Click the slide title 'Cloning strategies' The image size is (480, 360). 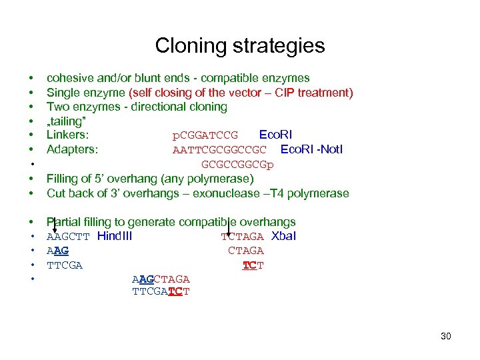(x=240, y=45)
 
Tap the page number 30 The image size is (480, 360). (x=446, y=336)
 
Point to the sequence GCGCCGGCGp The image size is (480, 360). (x=237, y=165)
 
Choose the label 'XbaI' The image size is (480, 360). (x=284, y=236)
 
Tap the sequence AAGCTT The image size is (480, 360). (x=68, y=237)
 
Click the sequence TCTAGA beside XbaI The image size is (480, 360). (x=243, y=237)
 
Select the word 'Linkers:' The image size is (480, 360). (x=67, y=135)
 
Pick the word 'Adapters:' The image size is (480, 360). (x=72, y=149)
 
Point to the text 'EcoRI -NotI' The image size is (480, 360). (x=311, y=149)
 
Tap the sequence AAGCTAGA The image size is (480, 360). (x=161, y=279)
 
